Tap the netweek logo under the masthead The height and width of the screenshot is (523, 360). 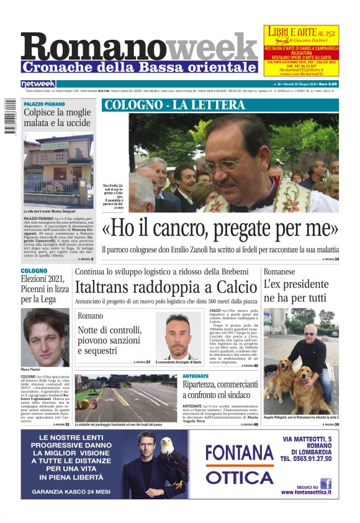tap(38, 83)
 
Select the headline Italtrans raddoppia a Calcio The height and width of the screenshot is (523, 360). tap(166, 286)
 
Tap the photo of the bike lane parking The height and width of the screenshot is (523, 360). tap(127, 397)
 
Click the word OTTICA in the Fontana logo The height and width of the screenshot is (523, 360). tap(239, 477)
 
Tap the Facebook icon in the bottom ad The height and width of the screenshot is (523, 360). tap(325, 483)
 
